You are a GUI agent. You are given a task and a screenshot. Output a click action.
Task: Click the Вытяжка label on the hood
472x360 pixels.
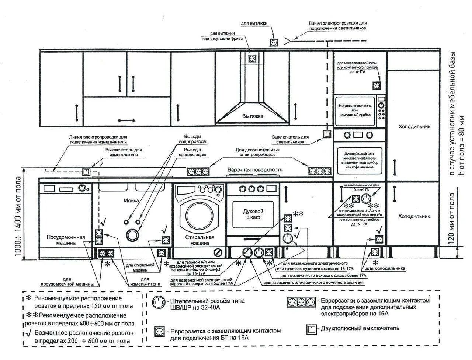pos(253,116)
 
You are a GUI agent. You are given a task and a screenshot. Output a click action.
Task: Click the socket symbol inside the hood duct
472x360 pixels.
pos(253,58)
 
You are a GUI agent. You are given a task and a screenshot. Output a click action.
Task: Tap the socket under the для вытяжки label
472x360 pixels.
pos(274,42)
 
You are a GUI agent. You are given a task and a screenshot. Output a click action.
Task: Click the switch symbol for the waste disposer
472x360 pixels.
pos(86,172)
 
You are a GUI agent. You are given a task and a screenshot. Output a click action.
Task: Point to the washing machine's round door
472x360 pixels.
pos(199,215)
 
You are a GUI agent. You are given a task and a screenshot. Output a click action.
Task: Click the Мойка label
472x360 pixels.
pos(132,200)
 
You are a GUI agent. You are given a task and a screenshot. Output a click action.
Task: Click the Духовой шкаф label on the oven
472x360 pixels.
pos(253,214)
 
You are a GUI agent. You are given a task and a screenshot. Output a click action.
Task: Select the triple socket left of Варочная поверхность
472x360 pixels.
pos(198,171)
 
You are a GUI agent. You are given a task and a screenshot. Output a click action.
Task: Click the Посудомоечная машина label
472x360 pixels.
pos(66,240)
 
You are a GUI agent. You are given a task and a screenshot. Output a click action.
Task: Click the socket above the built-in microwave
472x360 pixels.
pos(376,85)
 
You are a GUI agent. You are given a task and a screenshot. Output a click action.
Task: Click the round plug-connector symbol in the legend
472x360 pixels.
pos(159,303)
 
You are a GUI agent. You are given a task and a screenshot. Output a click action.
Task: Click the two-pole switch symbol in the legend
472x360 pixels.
pos(312,329)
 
